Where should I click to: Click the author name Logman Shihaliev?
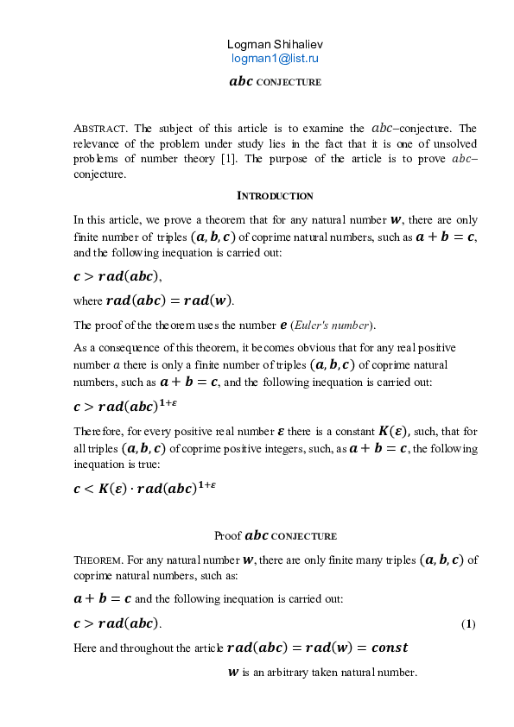[274, 44]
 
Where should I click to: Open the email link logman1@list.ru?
[275, 59]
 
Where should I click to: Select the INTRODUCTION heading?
[275, 196]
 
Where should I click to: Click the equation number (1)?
[467, 623]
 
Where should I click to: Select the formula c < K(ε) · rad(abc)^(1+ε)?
[144, 487]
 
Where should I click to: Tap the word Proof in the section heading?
[228, 535]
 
